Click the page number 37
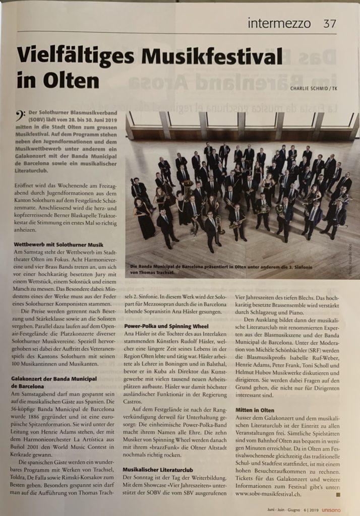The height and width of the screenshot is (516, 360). click(329, 23)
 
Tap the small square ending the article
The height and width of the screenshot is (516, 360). click(337, 494)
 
